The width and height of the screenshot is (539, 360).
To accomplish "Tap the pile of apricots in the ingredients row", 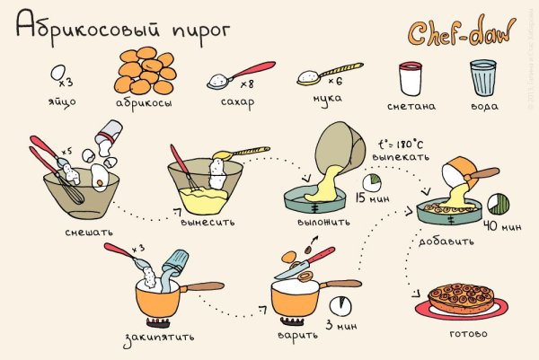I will click(146, 70).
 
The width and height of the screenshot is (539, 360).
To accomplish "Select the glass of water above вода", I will click(483, 79).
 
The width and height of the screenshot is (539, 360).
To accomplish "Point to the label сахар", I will click(237, 102).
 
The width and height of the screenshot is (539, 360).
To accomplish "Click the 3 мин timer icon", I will click(339, 305).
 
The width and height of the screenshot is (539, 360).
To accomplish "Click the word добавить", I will click(441, 241).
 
